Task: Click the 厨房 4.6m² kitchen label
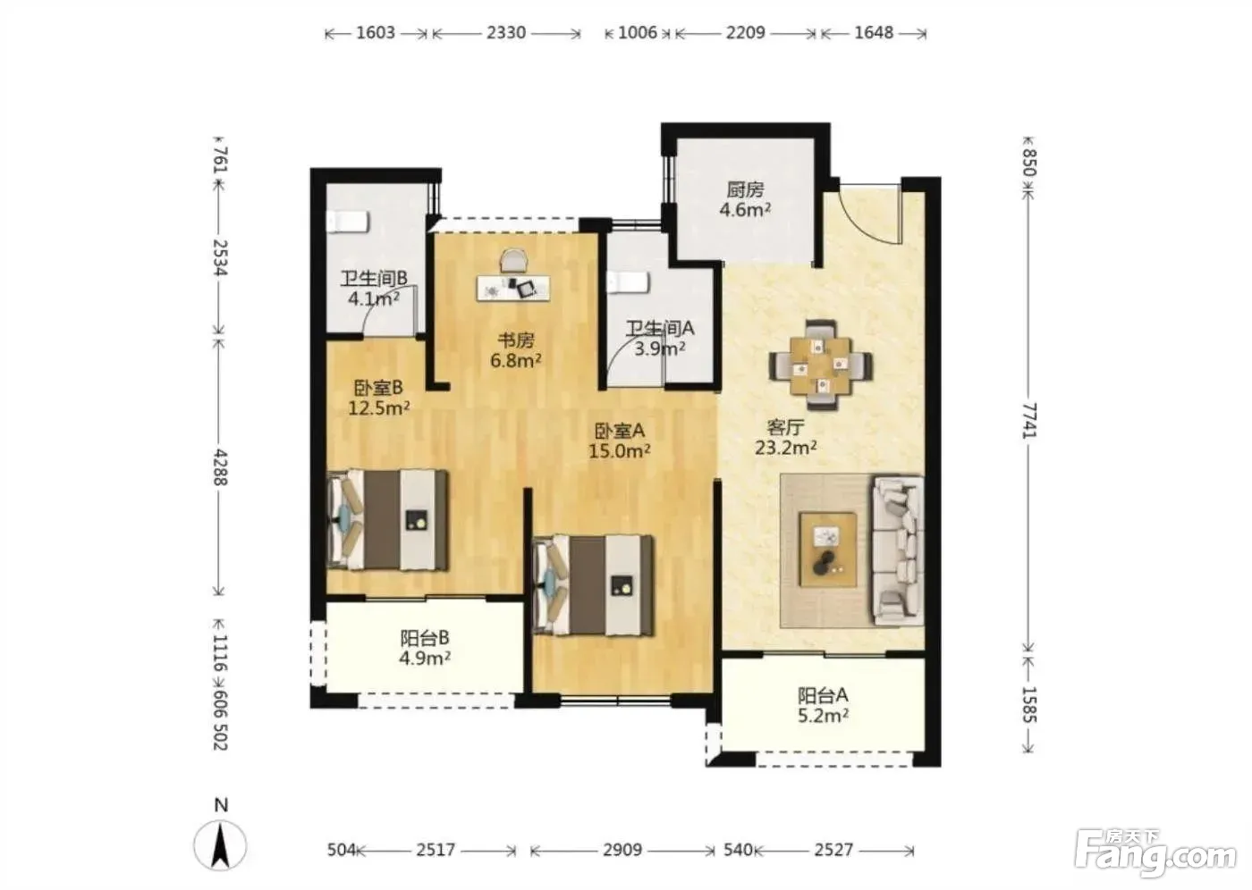click(745, 199)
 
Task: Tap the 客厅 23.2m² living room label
click(785, 437)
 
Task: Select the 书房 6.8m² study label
click(515, 350)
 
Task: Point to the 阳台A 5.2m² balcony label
click(823, 705)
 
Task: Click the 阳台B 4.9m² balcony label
click(425, 648)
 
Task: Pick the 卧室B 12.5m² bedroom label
click(378, 398)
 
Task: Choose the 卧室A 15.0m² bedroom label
click(619, 440)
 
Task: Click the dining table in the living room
click(821, 365)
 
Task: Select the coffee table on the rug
click(828, 550)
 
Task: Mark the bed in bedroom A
click(594, 585)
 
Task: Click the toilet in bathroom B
click(348, 221)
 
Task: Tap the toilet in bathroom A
click(629, 282)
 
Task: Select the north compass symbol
click(221, 839)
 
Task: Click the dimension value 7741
click(1029, 421)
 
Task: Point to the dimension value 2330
click(506, 32)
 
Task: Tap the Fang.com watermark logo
click(1155, 858)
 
